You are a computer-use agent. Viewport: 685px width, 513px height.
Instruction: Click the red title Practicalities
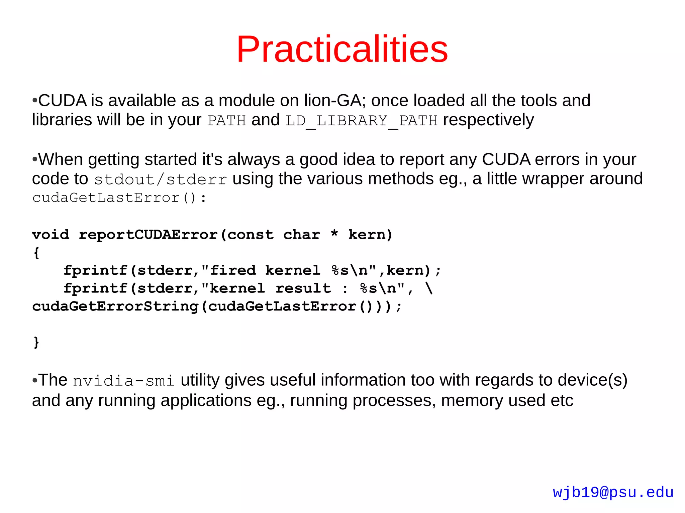click(342, 49)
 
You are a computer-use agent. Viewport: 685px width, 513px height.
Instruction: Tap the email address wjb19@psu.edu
click(613, 492)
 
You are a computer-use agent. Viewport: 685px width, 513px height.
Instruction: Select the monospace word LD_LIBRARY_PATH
click(361, 121)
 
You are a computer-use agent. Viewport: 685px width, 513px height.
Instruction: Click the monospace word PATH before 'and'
click(226, 121)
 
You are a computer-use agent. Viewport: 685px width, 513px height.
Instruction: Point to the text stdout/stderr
click(160, 179)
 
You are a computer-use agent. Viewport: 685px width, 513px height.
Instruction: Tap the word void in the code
click(51, 235)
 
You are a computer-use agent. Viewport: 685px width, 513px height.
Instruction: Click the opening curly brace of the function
click(36, 253)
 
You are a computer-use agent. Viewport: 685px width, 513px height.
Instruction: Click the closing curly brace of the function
click(36, 342)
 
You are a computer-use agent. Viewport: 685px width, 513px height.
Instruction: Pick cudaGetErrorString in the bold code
click(115, 306)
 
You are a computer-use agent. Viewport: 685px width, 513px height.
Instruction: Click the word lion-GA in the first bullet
click(332, 101)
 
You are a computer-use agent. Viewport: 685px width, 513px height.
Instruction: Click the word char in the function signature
click(301, 235)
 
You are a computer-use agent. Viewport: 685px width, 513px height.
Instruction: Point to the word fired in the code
click(232, 270)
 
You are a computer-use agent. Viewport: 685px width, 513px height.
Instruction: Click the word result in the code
click(303, 288)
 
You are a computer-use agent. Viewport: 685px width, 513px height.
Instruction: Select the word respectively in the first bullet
click(488, 120)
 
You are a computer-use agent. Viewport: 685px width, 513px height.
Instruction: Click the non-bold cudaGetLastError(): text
click(119, 198)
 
